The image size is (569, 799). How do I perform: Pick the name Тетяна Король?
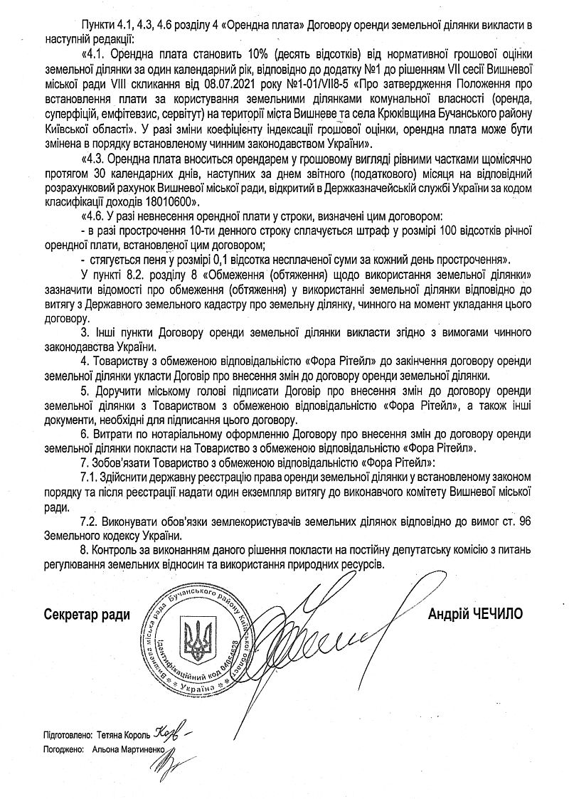pos(121,734)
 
